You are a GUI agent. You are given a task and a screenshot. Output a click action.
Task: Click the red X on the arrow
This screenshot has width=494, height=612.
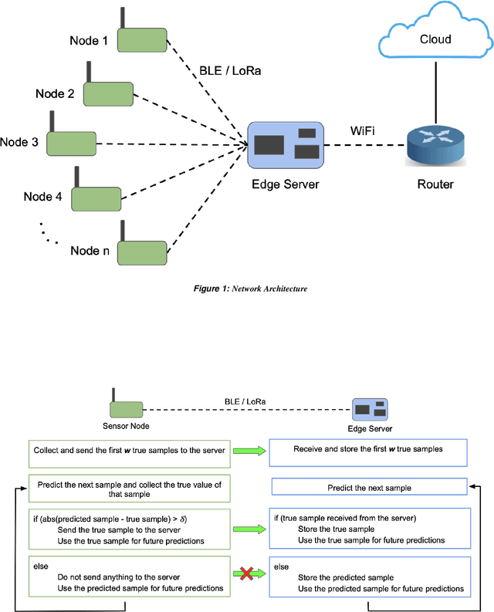tap(247, 573)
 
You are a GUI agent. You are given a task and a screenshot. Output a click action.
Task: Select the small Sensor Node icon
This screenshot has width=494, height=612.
tap(126, 409)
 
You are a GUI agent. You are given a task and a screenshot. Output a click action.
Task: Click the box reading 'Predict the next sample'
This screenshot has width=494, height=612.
tap(369, 487)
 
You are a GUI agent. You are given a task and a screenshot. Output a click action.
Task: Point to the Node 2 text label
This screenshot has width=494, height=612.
tap(55, 94)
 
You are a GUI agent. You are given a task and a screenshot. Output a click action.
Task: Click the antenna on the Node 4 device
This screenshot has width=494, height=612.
tap(76, 176)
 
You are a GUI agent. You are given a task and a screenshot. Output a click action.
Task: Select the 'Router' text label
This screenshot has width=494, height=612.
tap(435, 184)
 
